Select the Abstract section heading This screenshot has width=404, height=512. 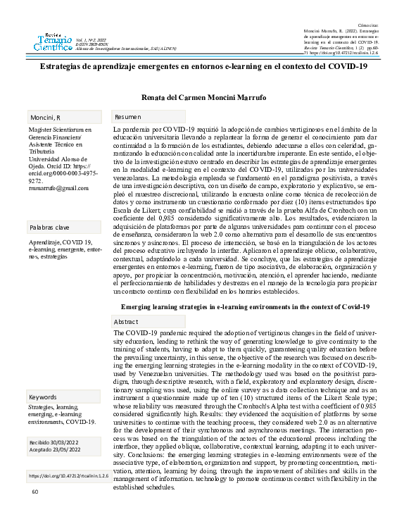127,321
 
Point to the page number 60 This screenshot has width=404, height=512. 34,492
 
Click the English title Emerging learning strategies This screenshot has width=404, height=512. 246,307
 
